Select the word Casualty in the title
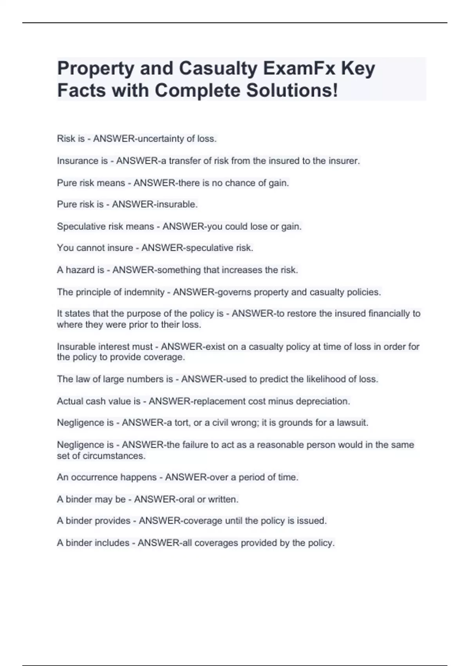(218, 69)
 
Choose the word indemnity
(144, 292)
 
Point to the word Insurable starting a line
(76, 347)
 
